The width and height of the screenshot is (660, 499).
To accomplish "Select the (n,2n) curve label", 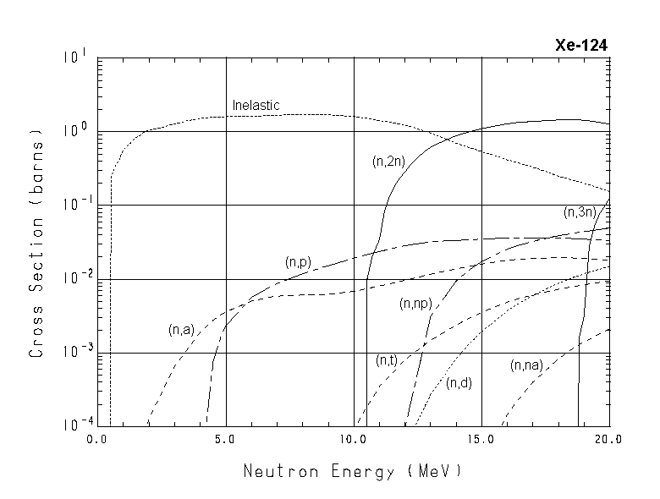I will [x=388, y=160].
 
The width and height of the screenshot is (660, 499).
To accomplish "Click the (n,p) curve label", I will [x=298, y=262].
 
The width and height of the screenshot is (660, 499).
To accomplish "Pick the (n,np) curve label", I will [x=415, y=303].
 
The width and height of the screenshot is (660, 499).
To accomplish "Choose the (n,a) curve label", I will [x=181, y=329].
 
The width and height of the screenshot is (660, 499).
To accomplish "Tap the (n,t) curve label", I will [x=387, y=360].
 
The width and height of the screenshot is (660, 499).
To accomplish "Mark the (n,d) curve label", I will [x=459, y=382].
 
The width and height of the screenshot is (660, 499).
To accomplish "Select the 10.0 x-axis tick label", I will [x=353, y=440].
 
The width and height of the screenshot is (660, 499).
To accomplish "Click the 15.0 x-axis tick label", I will [x=481, y=440].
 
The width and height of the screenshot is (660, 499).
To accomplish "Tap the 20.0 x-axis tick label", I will [x=608, y=440].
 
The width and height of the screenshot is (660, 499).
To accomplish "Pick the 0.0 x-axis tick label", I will [x=97, y=440].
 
